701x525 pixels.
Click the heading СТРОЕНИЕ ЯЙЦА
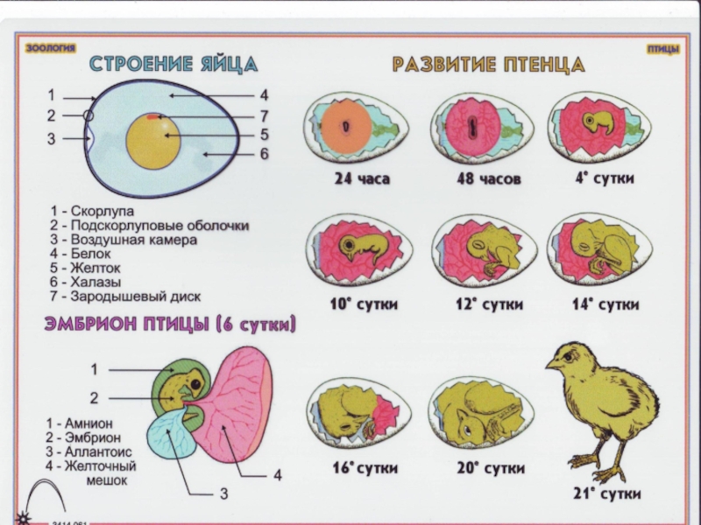coord(174,64)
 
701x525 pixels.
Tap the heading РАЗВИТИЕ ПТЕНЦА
coord(488,65)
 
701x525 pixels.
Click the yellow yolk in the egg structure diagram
coord(153,142)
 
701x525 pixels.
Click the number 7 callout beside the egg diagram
coord(263,115)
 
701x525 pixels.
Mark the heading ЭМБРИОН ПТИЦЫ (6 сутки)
coord(171,325)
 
